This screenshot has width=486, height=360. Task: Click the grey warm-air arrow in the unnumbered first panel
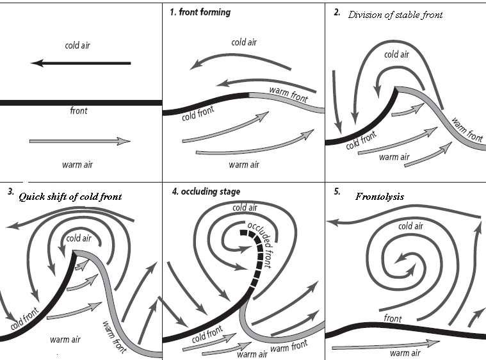coord(80,141)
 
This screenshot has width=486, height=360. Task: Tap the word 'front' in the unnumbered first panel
coord(79,111)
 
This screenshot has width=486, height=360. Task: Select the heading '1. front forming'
coord(200,12)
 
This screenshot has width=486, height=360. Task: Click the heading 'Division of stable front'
coord(395,15)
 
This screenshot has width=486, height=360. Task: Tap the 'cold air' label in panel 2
coord(396,54)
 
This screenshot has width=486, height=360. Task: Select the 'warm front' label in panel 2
coord(467,129)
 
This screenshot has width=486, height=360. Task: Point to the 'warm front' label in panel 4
coord(289,347)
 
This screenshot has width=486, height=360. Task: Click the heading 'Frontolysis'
coord(380,197)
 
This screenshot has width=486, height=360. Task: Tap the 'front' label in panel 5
coord(393,318)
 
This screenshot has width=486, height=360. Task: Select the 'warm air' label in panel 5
coord(404,353)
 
